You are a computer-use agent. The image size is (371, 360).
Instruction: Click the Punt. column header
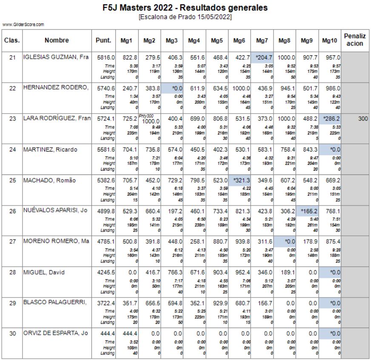pyautogui.click(x=104, y=40)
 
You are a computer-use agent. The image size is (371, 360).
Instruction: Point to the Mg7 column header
pyautogui.click(x=262, y=40)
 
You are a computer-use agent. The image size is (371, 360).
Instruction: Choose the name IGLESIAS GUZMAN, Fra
pyautogui.click(x=56, y=57)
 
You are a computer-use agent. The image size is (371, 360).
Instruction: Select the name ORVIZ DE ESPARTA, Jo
pyautogui.click(x=56, y=333)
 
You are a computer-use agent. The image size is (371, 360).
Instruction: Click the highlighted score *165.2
pyautogui.click(x=308, y=211)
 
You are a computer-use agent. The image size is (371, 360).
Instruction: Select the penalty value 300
pyautogui.click(x=362, y=119)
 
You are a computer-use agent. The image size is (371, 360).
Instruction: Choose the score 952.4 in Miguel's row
pyautogui.click(x=241, y=272)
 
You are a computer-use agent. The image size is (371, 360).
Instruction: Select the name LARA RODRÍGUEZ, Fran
pyautogui.click(x=56, y=119)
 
